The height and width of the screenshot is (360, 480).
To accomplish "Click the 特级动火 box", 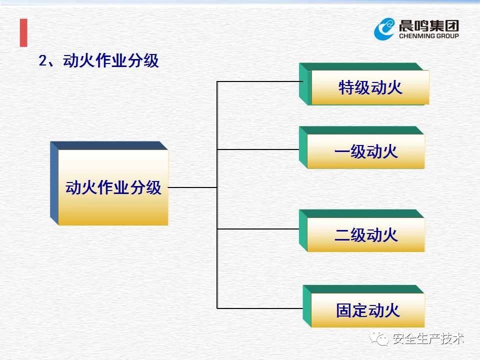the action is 364,84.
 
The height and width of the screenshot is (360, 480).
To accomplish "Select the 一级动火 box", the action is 362,147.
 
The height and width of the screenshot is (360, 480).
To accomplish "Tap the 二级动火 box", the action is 362,231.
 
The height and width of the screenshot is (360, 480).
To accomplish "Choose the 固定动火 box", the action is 363,306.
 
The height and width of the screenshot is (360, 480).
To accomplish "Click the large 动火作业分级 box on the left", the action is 109,183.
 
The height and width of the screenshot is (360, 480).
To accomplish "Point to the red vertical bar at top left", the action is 23,33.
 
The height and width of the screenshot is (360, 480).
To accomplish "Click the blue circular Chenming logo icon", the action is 384,29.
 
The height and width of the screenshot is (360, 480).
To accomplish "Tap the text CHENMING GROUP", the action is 429,36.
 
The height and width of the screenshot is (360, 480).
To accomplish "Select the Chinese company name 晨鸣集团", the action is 429,25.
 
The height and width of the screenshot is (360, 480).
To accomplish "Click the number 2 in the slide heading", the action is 42,60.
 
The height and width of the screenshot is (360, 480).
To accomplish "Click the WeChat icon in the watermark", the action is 379,338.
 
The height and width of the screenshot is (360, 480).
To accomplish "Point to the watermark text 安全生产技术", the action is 428,338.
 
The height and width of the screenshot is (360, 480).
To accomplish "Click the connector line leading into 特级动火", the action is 260,81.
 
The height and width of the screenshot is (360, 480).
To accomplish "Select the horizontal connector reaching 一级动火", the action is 258,149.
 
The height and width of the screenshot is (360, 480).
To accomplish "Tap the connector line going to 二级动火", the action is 258,228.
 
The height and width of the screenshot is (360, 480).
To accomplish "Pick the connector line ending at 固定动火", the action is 260,308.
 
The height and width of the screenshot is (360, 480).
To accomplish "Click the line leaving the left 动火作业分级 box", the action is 192,187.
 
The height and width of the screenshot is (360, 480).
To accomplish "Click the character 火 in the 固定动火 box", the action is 392,310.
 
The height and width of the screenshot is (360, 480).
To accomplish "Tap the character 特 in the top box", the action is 346,87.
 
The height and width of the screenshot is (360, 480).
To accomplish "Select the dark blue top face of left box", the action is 109,145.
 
